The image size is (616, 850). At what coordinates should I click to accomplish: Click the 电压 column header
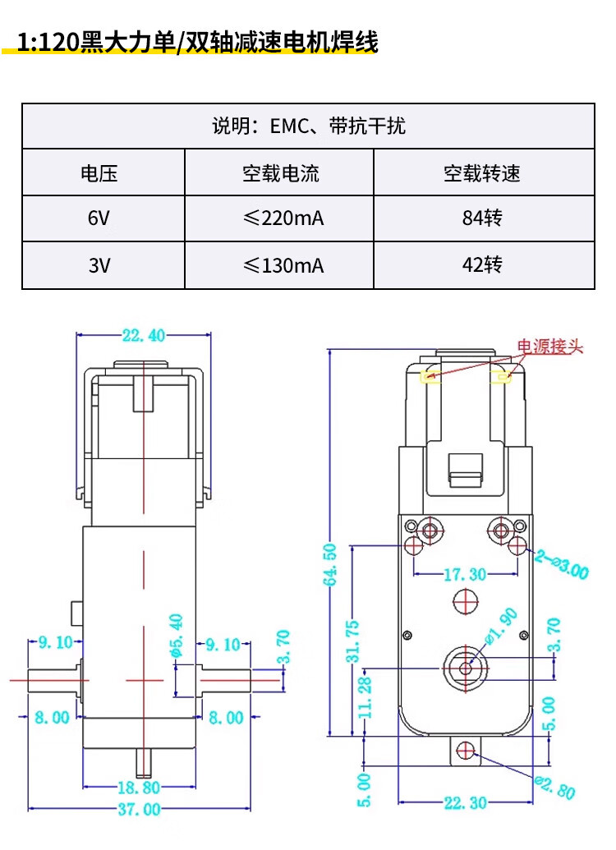(x=99, y=173)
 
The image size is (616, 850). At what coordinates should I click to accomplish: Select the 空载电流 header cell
(x=280, y=173)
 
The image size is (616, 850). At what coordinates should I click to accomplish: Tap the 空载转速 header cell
(x=483, y=173)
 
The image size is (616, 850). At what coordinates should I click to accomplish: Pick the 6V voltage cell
(x=99, y=218)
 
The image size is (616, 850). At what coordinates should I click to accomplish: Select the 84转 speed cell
(x=483, y=218)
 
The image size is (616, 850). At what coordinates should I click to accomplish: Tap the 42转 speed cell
(x=483, y=265)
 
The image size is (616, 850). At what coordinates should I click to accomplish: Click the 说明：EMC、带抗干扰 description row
(x=309, y=126)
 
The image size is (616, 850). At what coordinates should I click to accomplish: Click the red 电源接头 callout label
(x=549, y=347)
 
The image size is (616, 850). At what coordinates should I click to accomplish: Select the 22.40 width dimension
(x=144, y=335)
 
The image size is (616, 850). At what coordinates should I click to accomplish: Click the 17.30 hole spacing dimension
(x=465, y=574)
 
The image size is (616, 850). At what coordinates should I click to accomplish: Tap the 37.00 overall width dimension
(x=139, y=810)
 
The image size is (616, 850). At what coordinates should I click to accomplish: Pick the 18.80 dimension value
(x=139, y=788)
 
